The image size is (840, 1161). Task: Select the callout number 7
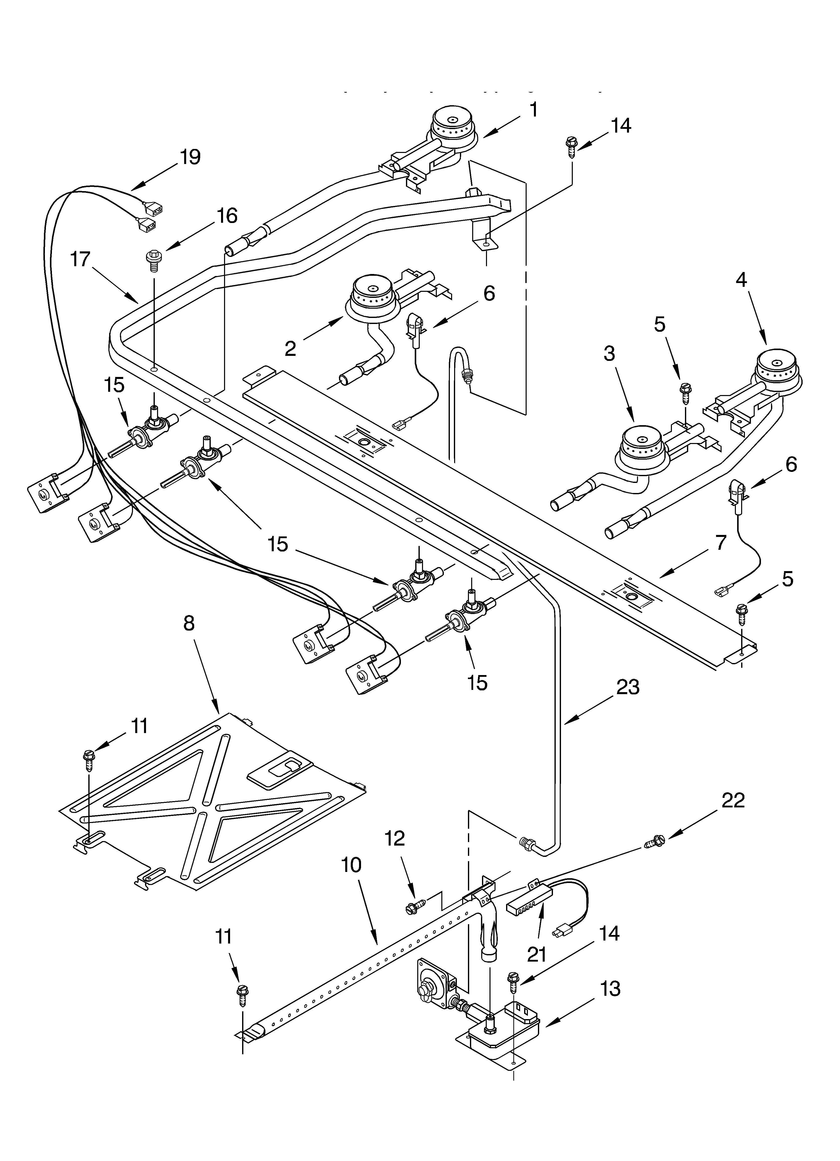coord(720,543)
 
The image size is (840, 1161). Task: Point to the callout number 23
coord(628,688)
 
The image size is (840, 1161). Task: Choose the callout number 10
coord(352,865)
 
